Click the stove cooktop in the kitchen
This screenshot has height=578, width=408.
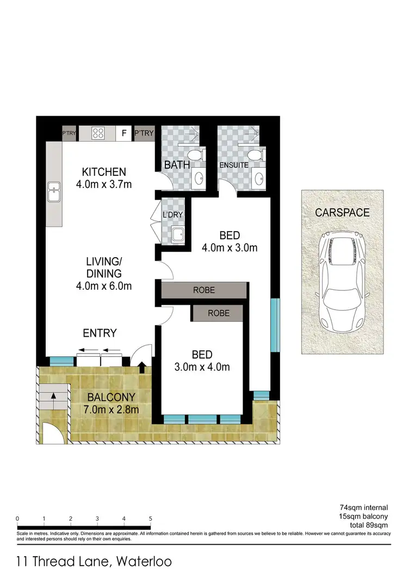point(98,133)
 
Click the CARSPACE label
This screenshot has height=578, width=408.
point(342,212)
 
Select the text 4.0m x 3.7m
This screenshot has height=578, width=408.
point(104,185)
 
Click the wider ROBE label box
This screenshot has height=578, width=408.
point(204,290)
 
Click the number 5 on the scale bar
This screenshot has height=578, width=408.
point(150,518)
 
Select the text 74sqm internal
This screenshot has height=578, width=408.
point(364,507)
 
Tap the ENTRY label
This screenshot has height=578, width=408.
point(100,333)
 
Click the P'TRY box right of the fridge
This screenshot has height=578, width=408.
point(144,133)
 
